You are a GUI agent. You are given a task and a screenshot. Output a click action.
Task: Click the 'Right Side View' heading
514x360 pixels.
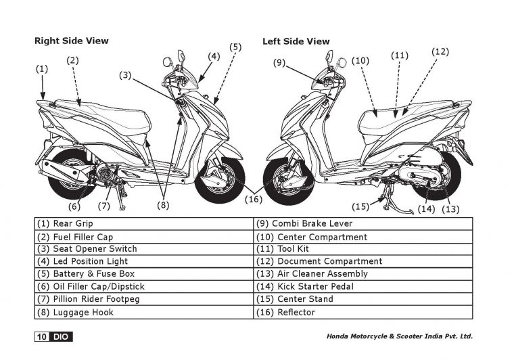(x=71, y=41)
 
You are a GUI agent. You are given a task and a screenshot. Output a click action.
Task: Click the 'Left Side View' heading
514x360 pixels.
(x=296, y=41)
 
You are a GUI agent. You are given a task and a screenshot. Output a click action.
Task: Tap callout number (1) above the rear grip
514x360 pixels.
(x=42, y=68)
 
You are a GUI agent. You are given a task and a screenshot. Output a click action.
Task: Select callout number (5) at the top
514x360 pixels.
(x=235, y=47)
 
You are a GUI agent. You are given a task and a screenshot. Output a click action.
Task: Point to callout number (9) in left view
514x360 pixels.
(x=280, y=63)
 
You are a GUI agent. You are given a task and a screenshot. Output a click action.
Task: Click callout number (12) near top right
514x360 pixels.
(x=440, y=51)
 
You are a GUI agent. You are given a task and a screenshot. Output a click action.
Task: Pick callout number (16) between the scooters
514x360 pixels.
(x=254, y=199)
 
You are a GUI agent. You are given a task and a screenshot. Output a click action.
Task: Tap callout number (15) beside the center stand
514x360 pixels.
(x=361, y=206)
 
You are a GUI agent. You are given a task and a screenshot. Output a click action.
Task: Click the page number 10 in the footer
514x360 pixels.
(x=42, y=336)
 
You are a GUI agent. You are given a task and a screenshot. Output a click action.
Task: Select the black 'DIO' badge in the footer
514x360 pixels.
(x=62, y=336)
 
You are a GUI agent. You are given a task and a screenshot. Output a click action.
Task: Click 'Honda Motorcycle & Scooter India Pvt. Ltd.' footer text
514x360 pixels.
(x=399, y=336)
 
